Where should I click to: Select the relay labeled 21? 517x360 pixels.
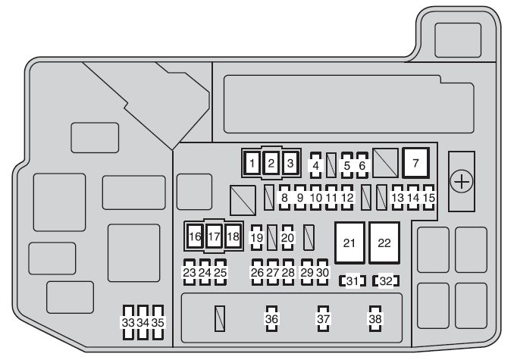[349, 243]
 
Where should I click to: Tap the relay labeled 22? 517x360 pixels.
[384, 243]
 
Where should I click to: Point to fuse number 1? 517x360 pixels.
[252, 161]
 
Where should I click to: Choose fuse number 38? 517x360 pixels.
[375, 320]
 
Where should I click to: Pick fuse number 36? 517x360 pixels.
[271, 320]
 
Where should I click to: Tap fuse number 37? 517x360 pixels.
[324, 320]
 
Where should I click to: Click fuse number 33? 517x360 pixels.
[128, 322]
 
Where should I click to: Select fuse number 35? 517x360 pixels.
[158, 322]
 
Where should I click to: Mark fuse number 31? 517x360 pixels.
[352, 282]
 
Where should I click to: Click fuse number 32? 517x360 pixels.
[386, 282]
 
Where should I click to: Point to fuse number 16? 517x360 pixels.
[196, 236]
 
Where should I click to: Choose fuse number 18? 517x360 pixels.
[232, 236]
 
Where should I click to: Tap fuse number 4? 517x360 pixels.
[316, 164]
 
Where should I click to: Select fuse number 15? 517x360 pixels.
[429, 198]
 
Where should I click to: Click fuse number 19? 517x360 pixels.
[256, 238]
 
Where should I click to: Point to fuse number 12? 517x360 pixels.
[347, 198]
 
